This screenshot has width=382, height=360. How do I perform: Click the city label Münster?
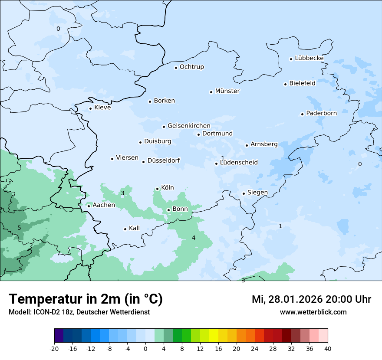(227, 91)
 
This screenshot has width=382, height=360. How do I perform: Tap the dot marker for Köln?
(158, 189)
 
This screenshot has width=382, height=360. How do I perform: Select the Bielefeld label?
(302, 83)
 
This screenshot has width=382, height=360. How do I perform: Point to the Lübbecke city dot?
(291, 59)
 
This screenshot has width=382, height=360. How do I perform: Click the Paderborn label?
(321, 113)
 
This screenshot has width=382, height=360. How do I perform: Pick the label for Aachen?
(104, 205)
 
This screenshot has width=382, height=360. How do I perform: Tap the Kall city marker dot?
(125, 229)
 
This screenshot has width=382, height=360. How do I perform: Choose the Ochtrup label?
(191, 67)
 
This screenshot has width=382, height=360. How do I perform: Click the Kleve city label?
(102, 108)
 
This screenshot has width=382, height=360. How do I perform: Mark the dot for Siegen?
(244, 193)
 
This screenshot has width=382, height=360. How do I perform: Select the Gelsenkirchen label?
(189, 126)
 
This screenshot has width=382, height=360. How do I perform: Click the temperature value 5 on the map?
(19, 228)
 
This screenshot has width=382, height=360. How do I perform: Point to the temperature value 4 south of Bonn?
(194, 238)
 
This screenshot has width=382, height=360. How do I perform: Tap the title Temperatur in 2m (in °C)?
(86, 299)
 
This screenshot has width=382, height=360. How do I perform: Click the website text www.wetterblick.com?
(313, 312)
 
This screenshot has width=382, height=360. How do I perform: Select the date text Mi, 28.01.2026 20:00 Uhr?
(311, 299)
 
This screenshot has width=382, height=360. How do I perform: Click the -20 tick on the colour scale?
(54, 349)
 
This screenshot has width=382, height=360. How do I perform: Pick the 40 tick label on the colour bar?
(328, 349)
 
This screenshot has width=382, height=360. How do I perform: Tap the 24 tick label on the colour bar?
(255, 349)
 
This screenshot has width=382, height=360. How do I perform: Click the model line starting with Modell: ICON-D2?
(79, 312)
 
